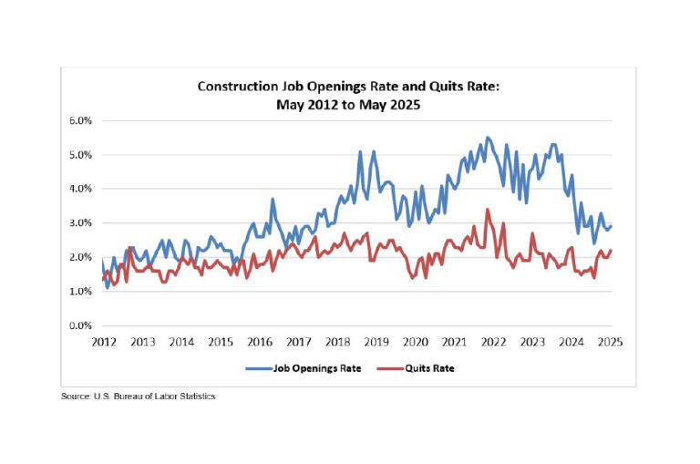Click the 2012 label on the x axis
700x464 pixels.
pyautogui.click(x=103, y=342)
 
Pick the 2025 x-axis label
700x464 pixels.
pyautogui.click(x=610, y=342)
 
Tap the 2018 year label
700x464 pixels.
pyautogui.click(x=337, y=342)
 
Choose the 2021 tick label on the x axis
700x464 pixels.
pyautogui.click(x=454, y=342)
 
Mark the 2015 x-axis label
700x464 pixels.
pyautogui.click(x=220, y=342)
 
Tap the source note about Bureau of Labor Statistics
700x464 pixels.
pyautogui.click(x=139, y=397)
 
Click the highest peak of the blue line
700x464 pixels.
pyautogui.click(x=488, y=138)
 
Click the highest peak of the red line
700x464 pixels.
pyautogui.click(x=488, y=210)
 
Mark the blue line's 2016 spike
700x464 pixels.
pyautogui.click(x=273, y=200)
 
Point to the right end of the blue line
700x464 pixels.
pyautogui.click(x=611, y=226)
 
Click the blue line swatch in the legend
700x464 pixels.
pyautogui.click(x=261, y=368)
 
